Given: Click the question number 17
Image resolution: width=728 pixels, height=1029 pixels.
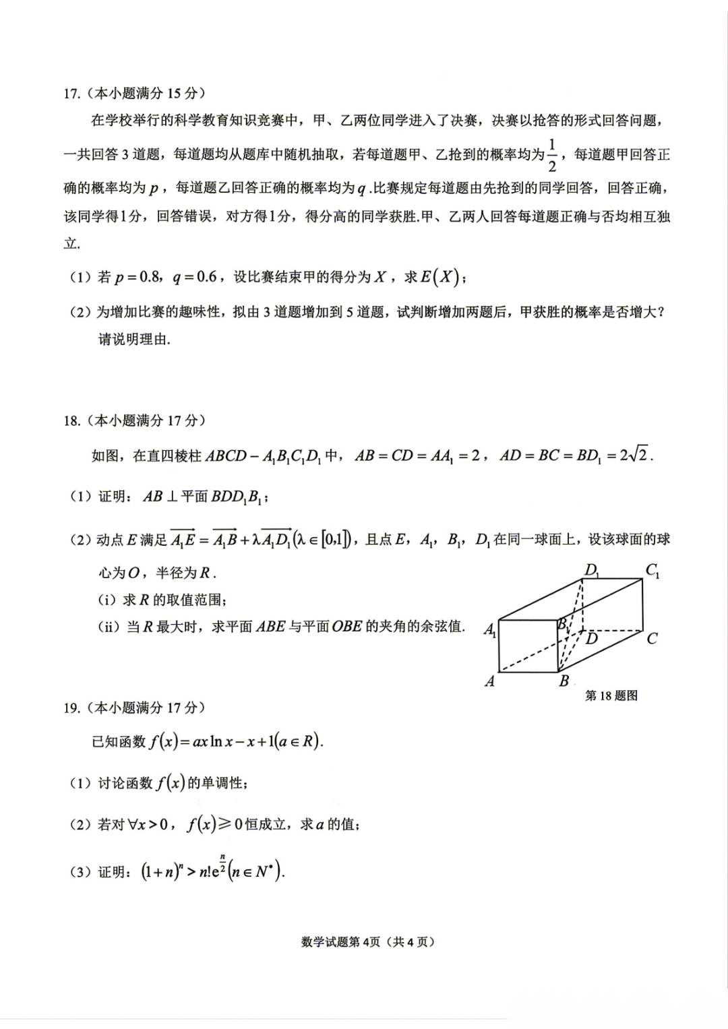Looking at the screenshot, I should pos(71,94).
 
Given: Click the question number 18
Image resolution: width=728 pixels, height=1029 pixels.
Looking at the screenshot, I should pos(71,421).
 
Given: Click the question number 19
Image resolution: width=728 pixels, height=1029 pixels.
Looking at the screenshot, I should pos(71,708).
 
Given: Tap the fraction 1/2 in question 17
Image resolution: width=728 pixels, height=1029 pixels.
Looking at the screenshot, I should pos(552,156).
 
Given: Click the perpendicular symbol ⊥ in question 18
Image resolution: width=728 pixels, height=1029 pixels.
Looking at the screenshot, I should pos(172,497).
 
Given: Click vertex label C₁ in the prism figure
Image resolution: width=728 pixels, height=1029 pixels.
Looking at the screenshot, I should pos(653,570).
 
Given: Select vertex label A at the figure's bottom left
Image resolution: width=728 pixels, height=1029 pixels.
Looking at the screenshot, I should pos(490,681).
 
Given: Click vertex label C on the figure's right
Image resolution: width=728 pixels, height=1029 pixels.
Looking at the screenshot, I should pos(652,639).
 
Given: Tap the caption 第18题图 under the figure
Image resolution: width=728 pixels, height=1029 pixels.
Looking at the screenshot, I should pos(611,695).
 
